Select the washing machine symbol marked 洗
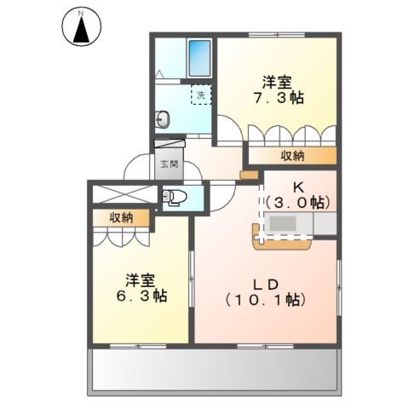pyautogui.click(x=200, y=96)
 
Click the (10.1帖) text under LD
pyautogui.click(x=266, y=300)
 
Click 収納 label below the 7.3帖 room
pyautogui.click(x=293, y=156)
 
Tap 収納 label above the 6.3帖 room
pyautogui.click(x=122, y=218)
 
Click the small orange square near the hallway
pyautogui.click(x=248, y=176)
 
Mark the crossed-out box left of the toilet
pyautogui.click(x=124, y=195)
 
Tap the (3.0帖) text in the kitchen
pyautogui.click(x=297, y=202)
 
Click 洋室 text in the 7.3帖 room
pyautogui.click(x=278, y=83)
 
